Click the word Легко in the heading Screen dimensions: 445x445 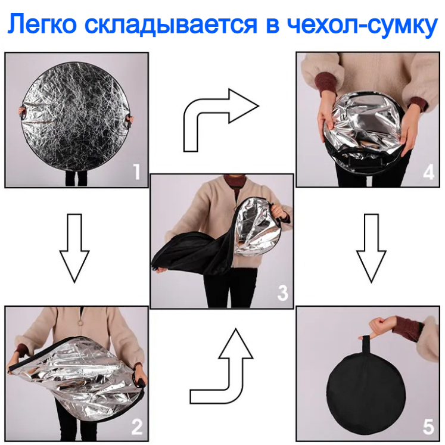pos(42,24)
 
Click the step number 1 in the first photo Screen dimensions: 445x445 pos(137,172)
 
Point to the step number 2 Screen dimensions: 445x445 pos(137,427)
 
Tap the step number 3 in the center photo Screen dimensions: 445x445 pos(282,292)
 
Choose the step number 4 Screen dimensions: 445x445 pos(428,172)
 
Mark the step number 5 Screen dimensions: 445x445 pos(428,427)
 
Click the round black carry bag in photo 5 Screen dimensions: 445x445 pos(366,397)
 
